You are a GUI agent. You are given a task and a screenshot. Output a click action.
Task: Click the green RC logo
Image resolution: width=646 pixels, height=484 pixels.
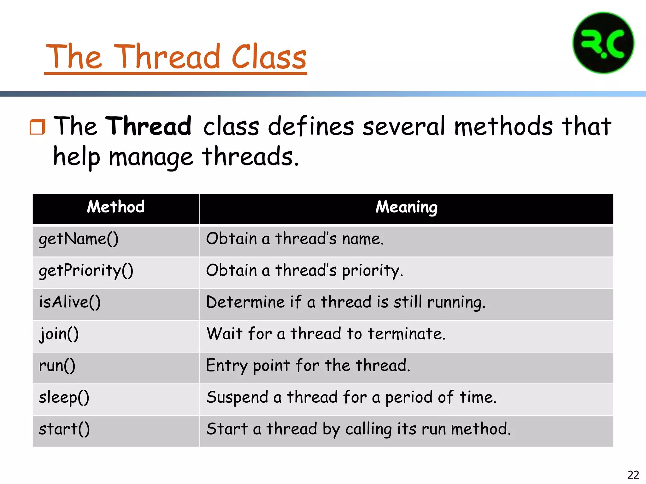603,43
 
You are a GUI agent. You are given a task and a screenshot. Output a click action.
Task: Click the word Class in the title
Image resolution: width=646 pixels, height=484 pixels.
269,57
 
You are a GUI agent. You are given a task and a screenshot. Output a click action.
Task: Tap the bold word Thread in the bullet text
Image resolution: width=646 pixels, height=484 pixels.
148,126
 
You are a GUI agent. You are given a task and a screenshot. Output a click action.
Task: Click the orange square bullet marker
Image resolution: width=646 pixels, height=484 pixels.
37,127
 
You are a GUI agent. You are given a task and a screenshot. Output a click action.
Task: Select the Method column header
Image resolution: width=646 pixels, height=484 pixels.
115,207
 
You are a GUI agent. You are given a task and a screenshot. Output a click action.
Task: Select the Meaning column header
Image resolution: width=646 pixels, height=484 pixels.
406,207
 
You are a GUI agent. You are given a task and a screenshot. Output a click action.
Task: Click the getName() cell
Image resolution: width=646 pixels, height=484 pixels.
79,239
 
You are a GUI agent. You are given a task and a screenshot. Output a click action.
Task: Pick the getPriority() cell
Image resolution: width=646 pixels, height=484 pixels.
86,271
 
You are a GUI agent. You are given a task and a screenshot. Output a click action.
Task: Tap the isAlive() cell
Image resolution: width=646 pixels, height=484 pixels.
70,302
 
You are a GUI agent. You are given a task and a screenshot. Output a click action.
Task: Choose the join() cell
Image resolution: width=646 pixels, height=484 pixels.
59,334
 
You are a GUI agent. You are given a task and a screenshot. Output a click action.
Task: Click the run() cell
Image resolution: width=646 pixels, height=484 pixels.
57,366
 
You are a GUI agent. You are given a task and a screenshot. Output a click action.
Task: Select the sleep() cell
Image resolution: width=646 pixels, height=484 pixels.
64,397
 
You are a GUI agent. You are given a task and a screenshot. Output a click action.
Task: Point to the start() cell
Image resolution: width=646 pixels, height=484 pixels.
64,429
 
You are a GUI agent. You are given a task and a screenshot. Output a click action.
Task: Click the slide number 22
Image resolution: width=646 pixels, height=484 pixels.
633,475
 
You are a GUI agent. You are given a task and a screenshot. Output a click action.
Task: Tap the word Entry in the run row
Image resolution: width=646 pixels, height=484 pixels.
226,366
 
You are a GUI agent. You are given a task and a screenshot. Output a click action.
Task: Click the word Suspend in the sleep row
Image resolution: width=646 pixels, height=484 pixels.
237,397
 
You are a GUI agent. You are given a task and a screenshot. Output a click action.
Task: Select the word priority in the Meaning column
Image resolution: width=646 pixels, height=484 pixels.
372,271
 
